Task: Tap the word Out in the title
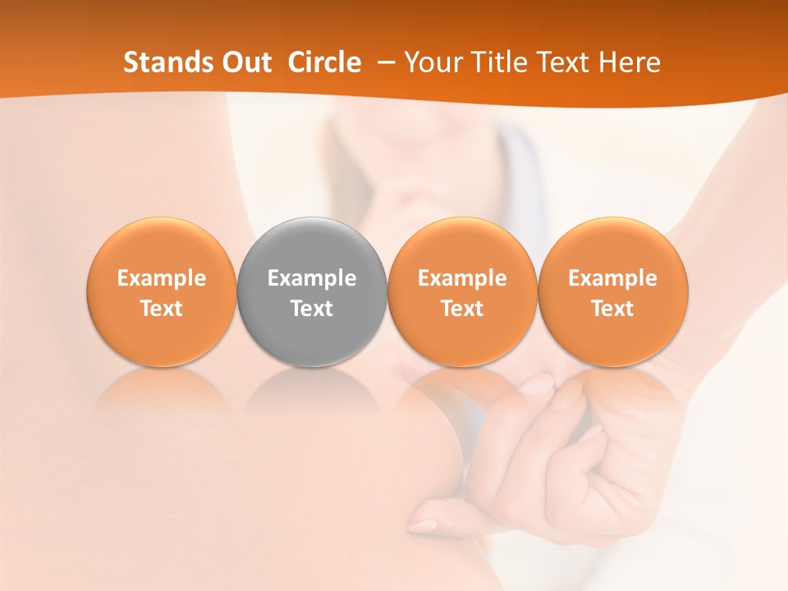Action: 246,63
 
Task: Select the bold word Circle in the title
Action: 324,63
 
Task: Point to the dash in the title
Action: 384,63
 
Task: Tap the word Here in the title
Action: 630,63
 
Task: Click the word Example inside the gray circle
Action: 312,278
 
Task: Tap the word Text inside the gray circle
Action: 312,309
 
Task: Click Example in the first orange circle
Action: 162,278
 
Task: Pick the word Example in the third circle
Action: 462,278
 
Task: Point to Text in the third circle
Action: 462,309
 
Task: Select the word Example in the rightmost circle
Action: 613,278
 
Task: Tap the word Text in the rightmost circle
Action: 613,309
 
